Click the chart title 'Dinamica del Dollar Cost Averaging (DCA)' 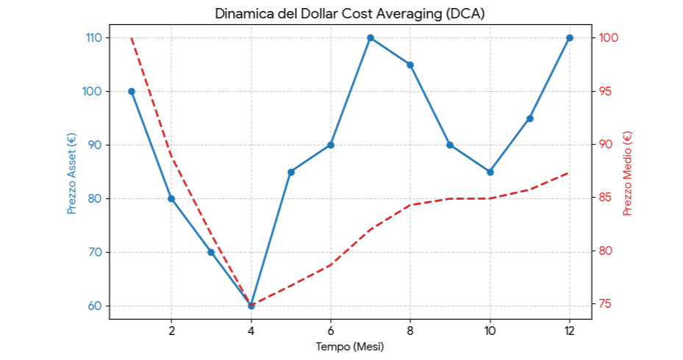click(x=350, y=14)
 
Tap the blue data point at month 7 click(x=371, y=37)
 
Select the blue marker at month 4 click(x=251, y=306)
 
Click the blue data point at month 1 click(x=132, y=91)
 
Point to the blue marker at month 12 click(x=570, y=37)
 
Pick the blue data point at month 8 click(x=410, y=65)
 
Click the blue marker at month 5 click(x=291, y=172)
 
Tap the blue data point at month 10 click(x=490, y=172)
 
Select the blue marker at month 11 click(x=530, y=118)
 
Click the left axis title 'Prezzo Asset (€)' click(x=71, y=173)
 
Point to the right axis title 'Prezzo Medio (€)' click(x=627, y=173)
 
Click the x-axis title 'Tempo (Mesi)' click(x=350, y=346)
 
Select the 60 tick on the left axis click(x=96, y=306)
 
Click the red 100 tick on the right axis click(x=609, y=37)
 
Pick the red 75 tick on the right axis click(x=606, y=304)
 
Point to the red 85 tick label click(x=606, y=198)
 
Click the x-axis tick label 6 click(x=331, y=330)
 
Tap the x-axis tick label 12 click(x=570, y=330)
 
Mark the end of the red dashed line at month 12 click(x=570, y=173)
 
